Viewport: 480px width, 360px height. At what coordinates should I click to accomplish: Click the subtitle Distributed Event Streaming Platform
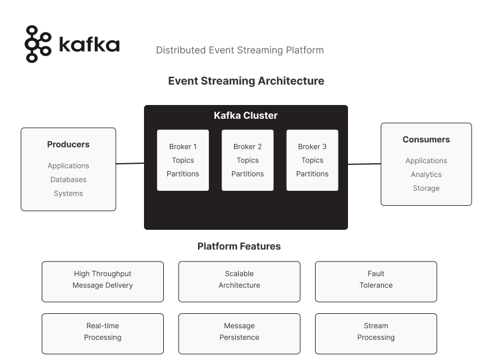(239, 50)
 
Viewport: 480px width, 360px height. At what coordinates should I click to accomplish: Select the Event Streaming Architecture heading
(246, 81)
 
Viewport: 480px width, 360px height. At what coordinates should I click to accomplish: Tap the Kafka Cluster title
(246, 116)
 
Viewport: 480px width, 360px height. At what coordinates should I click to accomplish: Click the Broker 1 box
(183, 160)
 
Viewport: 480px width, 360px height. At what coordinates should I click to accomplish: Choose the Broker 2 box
(247, 160)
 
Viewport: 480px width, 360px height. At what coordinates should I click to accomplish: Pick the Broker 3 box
(312, 160)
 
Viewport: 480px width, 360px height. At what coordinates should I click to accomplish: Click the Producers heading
(68, 145)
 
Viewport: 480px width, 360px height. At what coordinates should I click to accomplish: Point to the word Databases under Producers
(68, 179)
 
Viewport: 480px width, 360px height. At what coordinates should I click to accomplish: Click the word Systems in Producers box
(68, 193)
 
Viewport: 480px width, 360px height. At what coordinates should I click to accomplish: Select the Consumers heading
(426, 140)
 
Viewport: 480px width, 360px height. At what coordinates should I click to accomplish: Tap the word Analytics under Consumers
(426, 175)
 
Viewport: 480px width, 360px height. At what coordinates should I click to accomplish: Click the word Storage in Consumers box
(426, 188)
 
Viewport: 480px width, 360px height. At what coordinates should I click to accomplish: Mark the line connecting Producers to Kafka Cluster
(130, 163)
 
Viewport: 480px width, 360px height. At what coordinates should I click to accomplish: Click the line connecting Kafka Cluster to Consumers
(364, 164)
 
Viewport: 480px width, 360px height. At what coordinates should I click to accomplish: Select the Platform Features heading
(239, 247)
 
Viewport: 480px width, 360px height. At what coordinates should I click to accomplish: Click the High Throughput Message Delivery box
(103, 281)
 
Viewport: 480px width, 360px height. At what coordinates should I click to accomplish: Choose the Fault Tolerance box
(376, 281)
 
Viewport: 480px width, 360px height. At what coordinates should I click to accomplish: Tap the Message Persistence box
(239, 334)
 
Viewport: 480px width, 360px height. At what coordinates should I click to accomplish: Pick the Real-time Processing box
(103, 334)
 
